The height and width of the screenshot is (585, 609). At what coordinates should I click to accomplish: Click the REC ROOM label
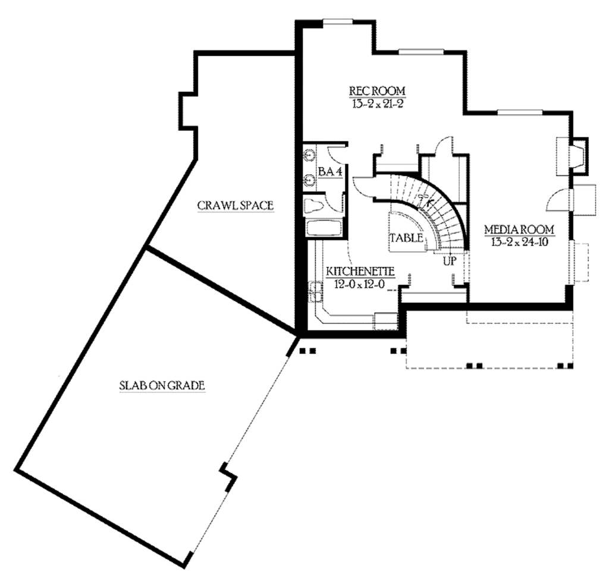point(377,91)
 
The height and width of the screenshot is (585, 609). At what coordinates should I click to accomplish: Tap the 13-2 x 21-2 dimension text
point(377,103)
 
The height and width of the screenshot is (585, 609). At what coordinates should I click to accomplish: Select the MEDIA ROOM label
point(519,229)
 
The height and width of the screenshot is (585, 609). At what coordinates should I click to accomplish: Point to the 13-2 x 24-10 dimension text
point(519,241)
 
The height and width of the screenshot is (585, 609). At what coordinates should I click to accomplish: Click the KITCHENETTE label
point(360,272)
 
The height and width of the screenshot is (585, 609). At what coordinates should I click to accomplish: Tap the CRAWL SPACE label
point(236,206)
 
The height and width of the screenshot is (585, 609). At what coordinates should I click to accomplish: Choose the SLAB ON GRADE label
point(162,385)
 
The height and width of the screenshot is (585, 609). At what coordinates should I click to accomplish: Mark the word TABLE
point(406,238)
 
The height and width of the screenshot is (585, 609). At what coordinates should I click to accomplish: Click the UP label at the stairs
point(449,260)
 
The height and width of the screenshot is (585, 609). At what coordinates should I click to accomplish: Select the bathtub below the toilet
point(323,229)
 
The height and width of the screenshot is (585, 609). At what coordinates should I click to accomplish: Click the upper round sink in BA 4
point(309,156)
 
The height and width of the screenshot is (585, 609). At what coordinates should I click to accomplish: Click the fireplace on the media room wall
point(573,156)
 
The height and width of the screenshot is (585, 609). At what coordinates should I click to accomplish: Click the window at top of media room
point(519,111)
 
